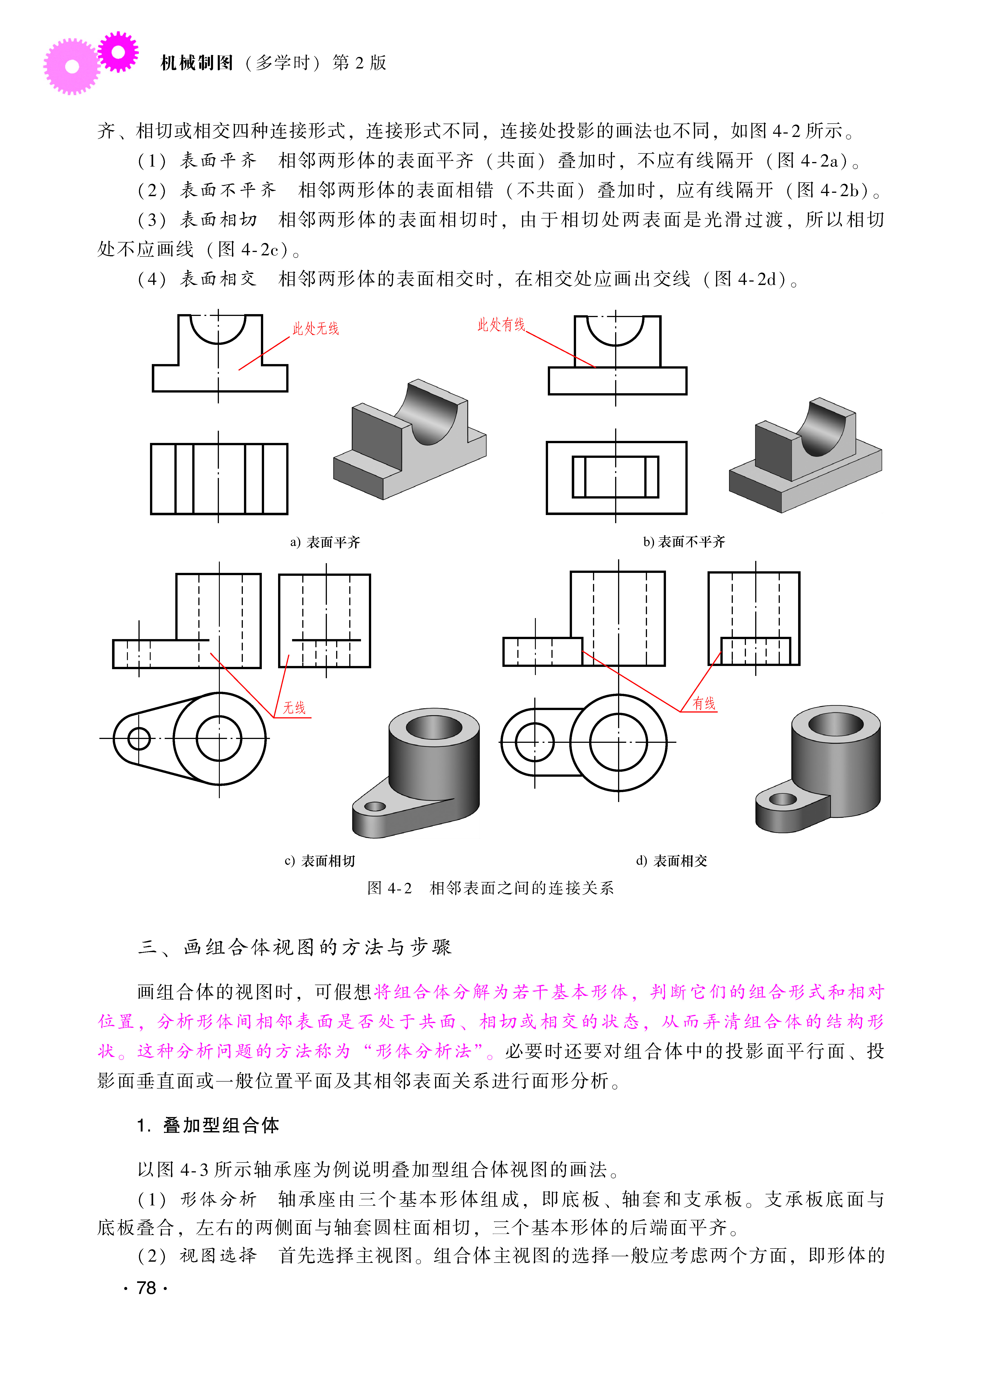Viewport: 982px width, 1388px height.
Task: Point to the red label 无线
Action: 295,708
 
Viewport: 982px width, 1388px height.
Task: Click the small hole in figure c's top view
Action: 139,739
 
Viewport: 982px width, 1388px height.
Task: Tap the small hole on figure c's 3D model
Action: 375,806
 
